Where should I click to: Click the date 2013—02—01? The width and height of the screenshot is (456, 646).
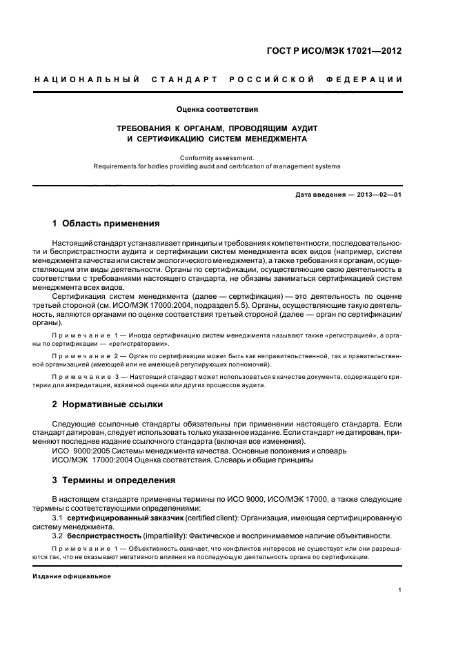click(x=379, y=195)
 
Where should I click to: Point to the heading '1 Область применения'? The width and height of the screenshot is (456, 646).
click(x=106, y=224)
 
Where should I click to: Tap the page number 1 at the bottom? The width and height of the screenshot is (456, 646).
click(x=400, y=590)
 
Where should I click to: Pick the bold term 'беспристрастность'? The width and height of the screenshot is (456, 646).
click(x=103, y=536)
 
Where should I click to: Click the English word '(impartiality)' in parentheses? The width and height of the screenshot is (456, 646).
click(x=164, y=536)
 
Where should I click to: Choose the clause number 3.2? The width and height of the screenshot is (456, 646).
click(x=58, y=536)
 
